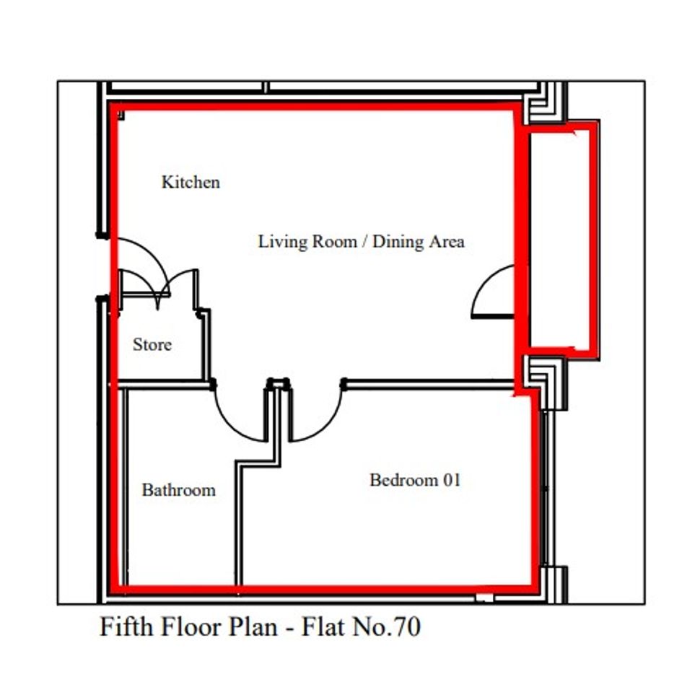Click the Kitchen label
191,182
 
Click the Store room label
152,344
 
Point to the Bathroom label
179,490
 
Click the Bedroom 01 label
415,480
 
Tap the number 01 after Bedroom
452,480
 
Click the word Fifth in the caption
126,626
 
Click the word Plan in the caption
253,627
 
